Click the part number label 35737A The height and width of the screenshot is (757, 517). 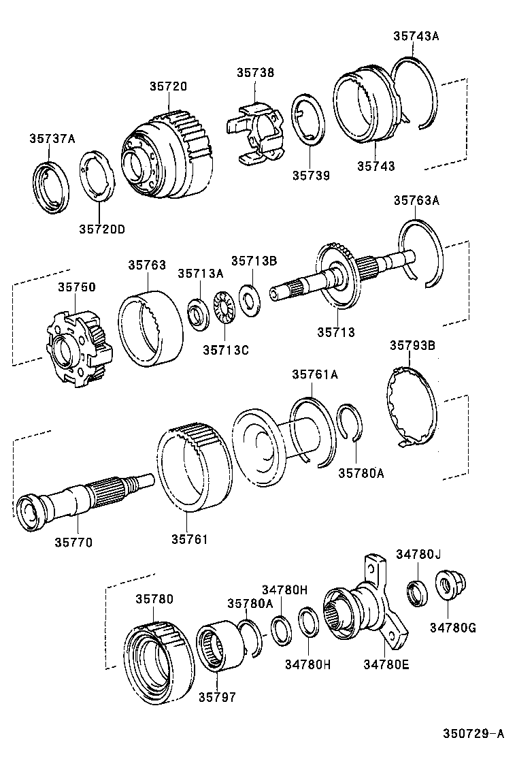pyautogui.click(x=52, y=139)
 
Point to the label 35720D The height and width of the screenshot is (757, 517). pyautogui.click(x=101, y=229)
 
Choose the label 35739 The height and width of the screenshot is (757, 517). pyautogui.click(x=311, y=176)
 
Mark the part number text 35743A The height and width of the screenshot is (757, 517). pyautogui.click(x=416, y=37)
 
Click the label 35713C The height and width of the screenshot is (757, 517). pyautogui.click(x=226, y=350)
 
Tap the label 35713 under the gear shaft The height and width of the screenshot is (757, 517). pyautogui.click(x=335, y=332)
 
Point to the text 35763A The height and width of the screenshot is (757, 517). pyautogui.click(x=416, y=200)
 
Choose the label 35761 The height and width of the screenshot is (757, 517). pyautogui.click(x=189, y=539)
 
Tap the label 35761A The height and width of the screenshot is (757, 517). pyautogui.click(x=315, y=374)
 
